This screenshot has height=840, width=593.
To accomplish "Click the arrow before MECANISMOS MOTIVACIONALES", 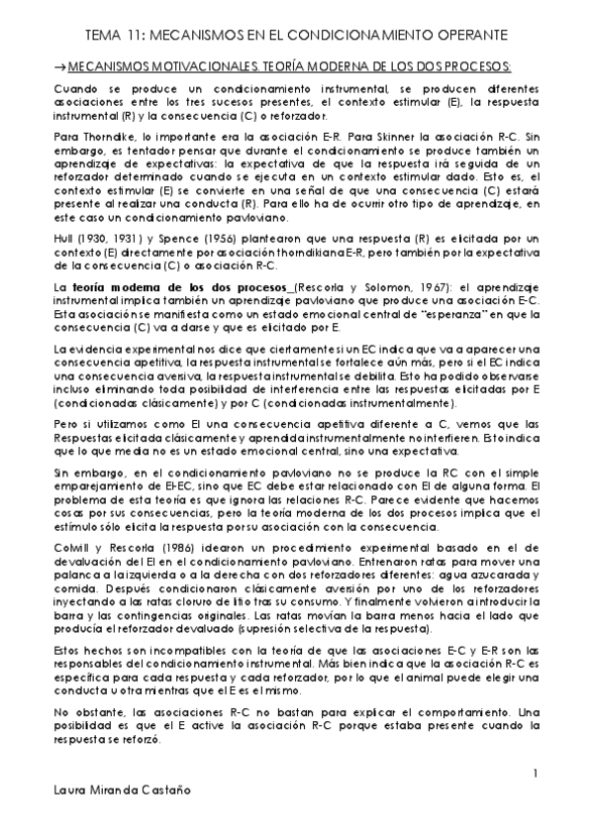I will pos(59,66).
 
